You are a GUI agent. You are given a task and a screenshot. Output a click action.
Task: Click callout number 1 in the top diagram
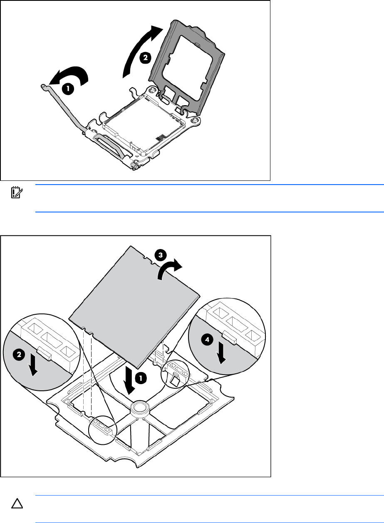(x=68, y=89)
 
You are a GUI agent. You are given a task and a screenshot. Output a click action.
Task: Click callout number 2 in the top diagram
(x=145, y=58)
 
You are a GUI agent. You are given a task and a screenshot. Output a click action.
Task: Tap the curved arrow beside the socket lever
(x=70, y=75)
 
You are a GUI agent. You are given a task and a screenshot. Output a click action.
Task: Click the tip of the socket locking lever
(x=42, y=86)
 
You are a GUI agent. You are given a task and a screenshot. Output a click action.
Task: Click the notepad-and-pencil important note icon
(x=17, y=192)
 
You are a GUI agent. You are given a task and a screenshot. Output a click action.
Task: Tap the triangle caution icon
(x=17, y=503)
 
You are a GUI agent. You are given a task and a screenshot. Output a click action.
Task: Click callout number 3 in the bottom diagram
(x=161, y=255)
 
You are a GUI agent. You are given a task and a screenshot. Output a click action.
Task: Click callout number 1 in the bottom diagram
(x=141, y=378)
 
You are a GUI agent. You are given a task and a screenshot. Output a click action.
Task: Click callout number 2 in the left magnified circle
(x=19, y=355)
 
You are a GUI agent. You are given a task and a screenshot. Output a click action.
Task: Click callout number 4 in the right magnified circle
(x=207, y=340)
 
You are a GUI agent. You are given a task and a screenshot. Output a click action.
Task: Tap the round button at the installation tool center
(x=140, y=407)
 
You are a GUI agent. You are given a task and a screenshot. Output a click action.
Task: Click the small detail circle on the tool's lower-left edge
(x=103, y=430)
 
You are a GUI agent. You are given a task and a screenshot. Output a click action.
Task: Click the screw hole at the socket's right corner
(x=195, y=120)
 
